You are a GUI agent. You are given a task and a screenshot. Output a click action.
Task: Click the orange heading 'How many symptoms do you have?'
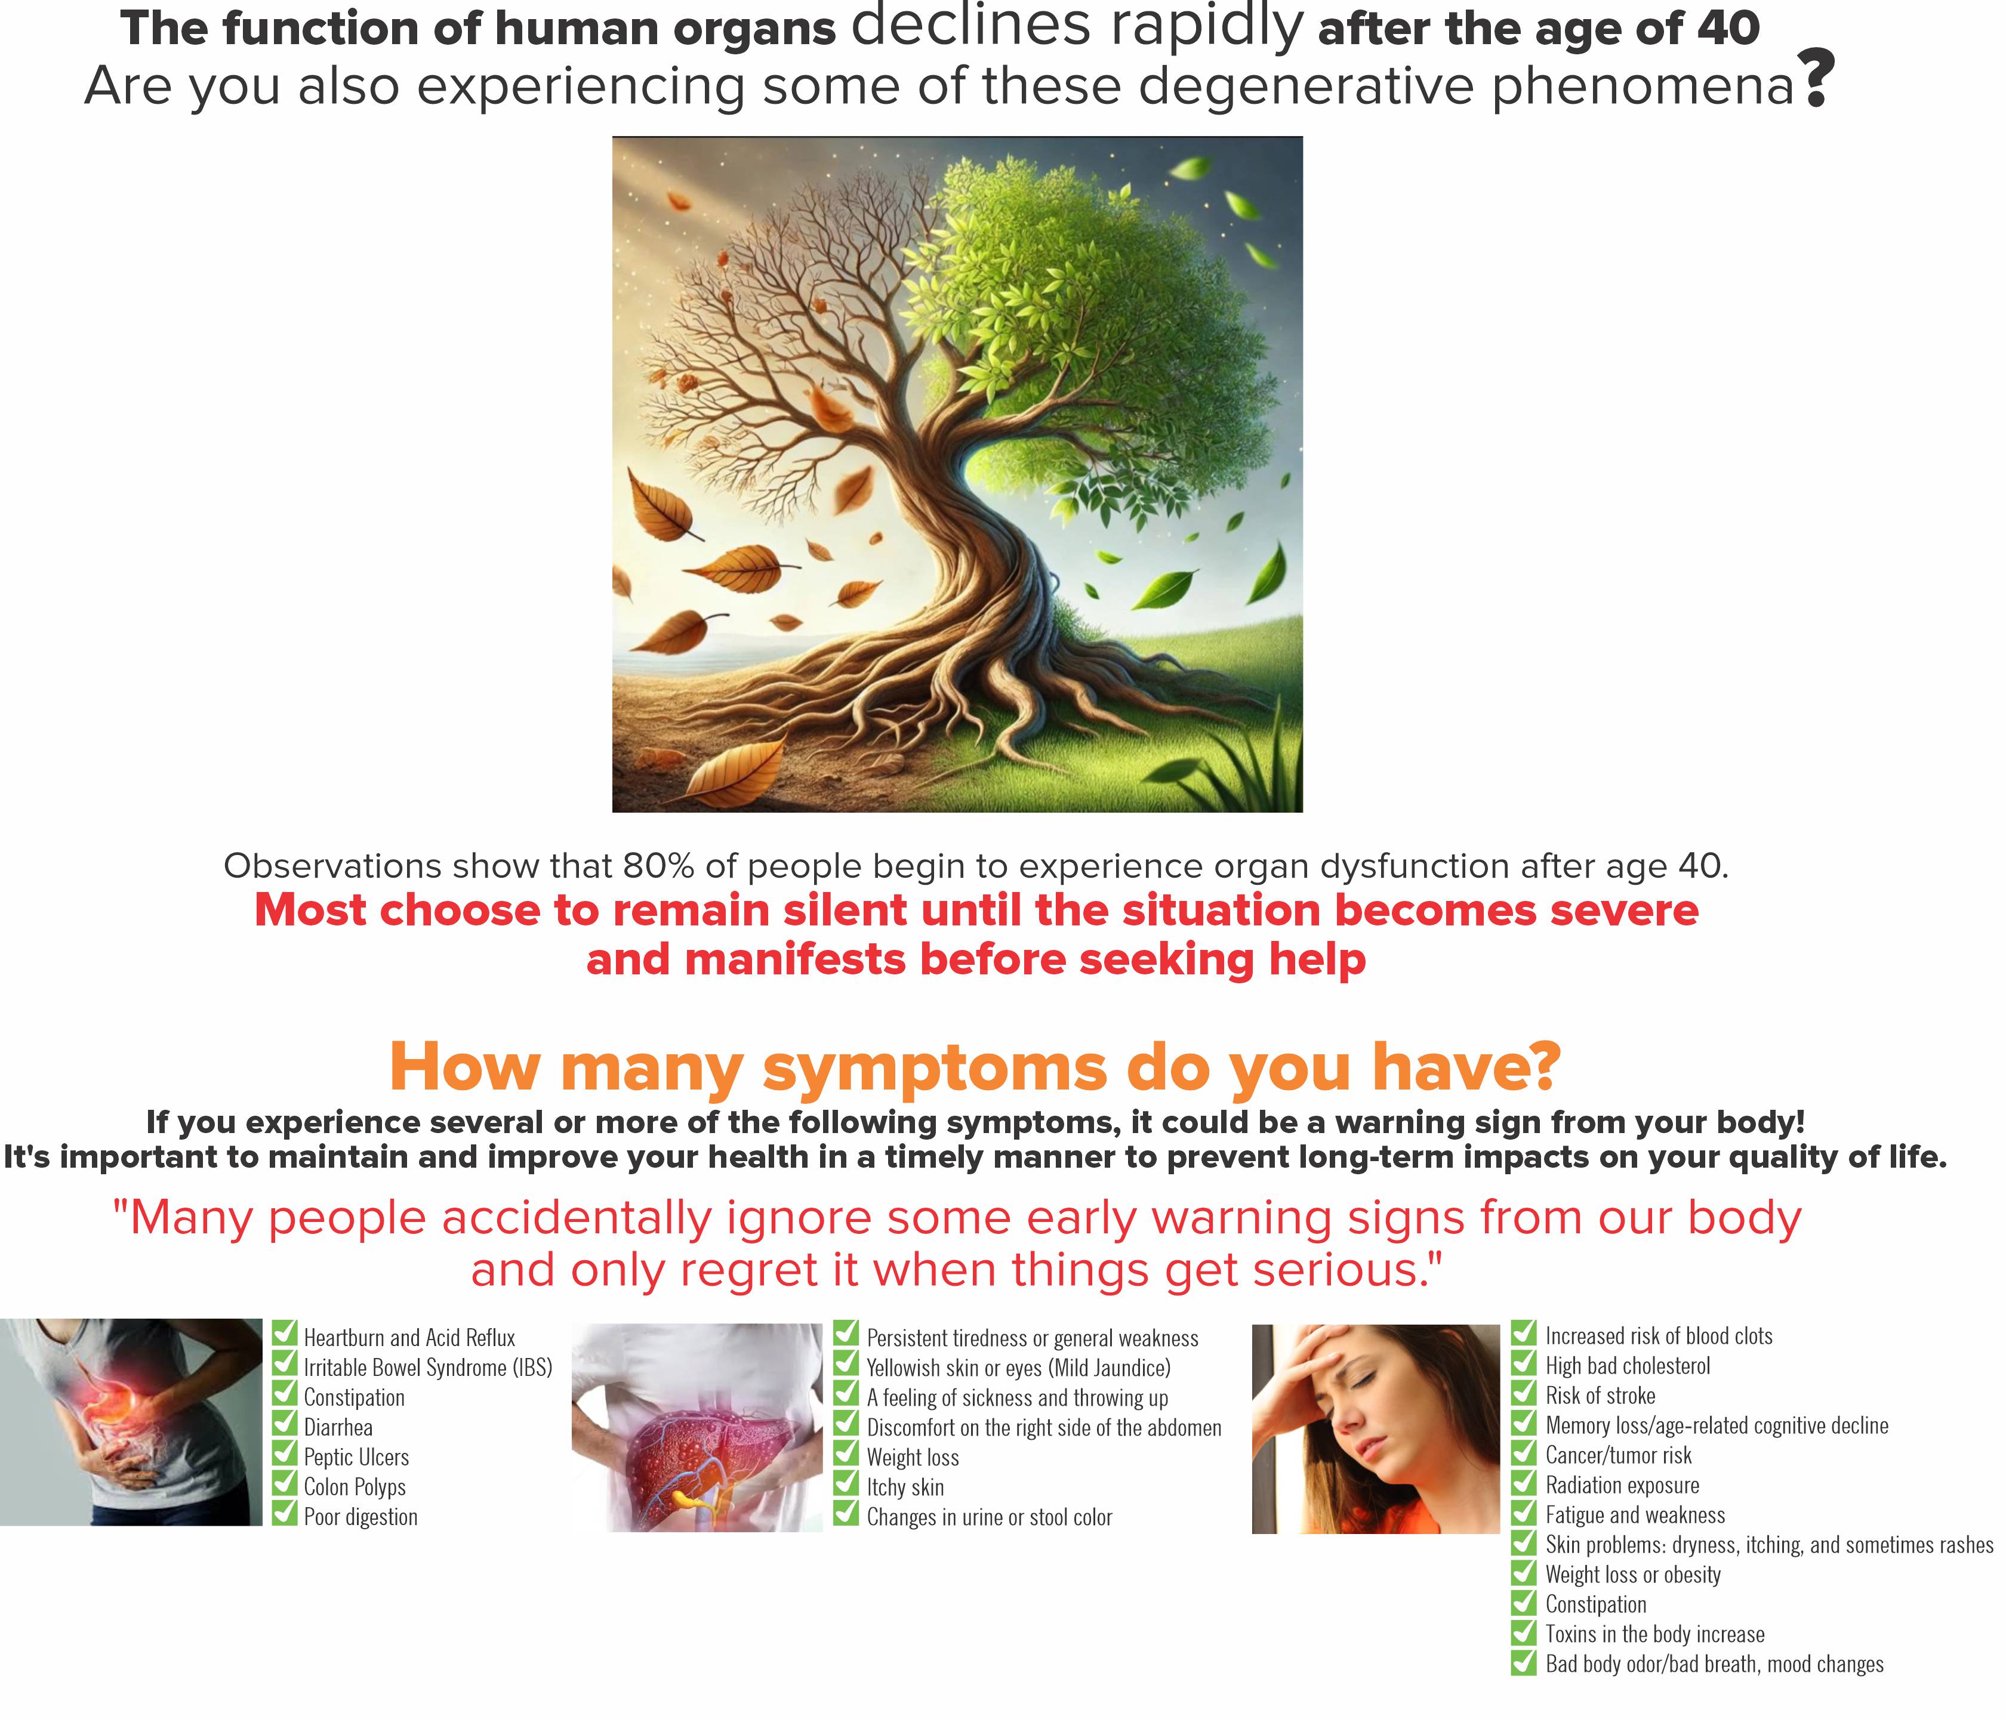[x=975, y=1067]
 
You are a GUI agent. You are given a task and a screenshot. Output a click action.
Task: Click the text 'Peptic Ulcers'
[x=356, y=1456]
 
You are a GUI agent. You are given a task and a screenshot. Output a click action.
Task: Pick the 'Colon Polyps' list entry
[x=355, y=1487]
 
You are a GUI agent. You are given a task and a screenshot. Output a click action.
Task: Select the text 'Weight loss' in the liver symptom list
[x=913, y=1456]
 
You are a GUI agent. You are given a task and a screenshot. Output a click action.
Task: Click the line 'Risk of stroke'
[x=1600, y=1395]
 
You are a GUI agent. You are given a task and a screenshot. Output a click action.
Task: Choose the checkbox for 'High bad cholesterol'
[x=1524, y=1362]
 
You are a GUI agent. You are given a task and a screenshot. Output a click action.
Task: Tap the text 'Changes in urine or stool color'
[x=990, y=1517]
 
